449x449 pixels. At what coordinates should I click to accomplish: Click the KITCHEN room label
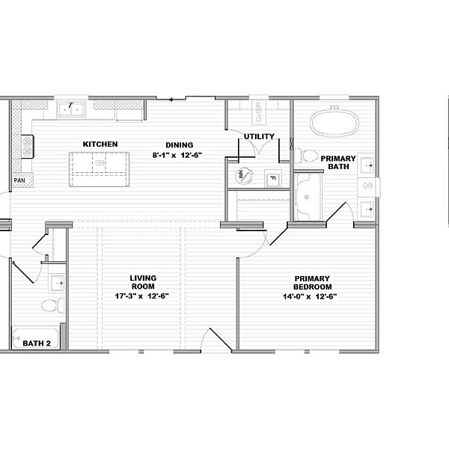point(100,144)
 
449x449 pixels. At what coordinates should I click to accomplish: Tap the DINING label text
point(180,145)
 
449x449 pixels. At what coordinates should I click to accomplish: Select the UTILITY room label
point(259,136)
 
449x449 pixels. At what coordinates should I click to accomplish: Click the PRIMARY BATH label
point(337,163)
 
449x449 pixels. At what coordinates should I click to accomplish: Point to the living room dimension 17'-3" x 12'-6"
point(141,296)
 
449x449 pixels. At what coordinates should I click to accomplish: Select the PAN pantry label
point(18,180)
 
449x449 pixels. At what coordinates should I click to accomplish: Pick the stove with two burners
point(28,145)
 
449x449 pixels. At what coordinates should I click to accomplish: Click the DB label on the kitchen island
point(100,162)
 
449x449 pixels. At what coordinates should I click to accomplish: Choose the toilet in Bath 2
point(50,306)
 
